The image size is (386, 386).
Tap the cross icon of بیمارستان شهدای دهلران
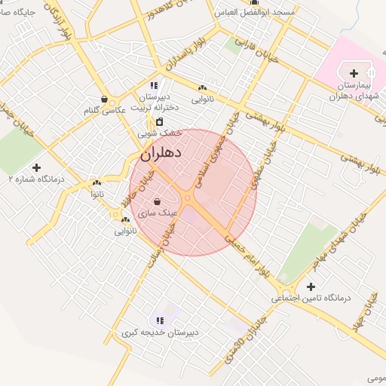(354, 73)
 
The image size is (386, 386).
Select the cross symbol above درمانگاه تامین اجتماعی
(311, 286)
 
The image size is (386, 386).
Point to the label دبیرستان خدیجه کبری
(161, 332)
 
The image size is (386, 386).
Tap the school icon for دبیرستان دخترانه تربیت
(154, 85)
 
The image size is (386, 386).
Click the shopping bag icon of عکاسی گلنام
(104, 99)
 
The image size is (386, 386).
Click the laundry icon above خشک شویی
(159, 121)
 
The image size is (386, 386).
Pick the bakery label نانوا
(96, 195)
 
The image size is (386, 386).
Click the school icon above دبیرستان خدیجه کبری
(159, 321)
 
